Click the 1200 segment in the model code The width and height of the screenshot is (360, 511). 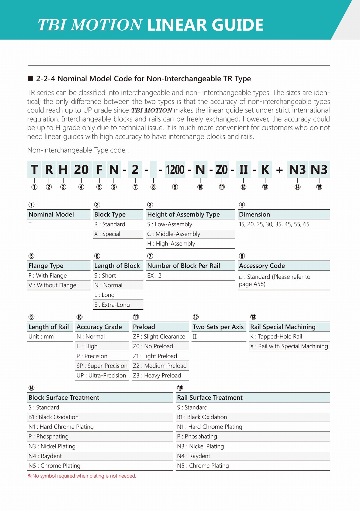pos(175,170)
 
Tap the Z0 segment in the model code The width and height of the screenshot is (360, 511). pos(222,170)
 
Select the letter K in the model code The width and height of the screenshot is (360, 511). pos(265,170)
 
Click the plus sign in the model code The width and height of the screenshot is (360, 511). pos(280,170)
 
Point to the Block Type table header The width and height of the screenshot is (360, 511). pos(110,215)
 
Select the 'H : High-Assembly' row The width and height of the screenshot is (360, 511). pos(171,244)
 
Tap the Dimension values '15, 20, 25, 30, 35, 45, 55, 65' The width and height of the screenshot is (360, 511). pos(274,224)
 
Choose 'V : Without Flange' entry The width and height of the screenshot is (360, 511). pos(52,285)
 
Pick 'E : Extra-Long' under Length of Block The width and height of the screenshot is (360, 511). pos(112,305)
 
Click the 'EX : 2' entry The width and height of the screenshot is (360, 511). pos(154,275)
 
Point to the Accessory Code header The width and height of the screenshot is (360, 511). pos(262,266)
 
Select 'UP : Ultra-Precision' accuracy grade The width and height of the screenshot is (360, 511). pos(101,376)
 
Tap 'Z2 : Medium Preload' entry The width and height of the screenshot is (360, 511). pos(160,366)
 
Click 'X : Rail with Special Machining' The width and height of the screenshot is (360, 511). pos(289,346)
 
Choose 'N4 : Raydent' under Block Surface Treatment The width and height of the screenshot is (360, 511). pos(45,456)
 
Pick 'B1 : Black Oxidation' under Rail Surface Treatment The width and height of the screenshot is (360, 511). pos(202,417)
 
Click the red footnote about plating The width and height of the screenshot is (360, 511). pos(82,476)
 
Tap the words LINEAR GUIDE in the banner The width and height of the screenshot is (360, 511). pos(205,25)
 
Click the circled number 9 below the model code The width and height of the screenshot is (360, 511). pos(175,187)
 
